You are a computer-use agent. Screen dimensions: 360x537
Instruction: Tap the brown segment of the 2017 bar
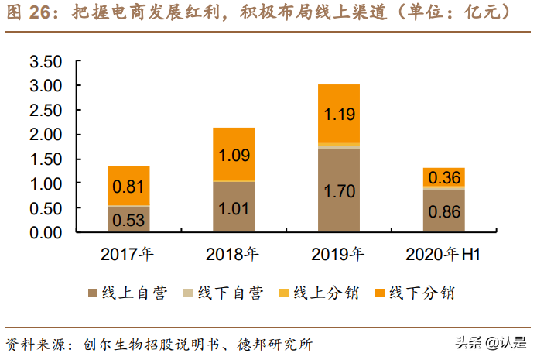click(128, 220)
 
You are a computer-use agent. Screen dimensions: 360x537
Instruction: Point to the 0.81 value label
click(128, 186)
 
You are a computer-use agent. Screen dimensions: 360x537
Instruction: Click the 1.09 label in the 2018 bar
click(234, 154)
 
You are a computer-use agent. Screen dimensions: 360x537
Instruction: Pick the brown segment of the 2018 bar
click(234, 207)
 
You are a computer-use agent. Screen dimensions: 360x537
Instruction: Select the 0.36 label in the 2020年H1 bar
click(443, 177)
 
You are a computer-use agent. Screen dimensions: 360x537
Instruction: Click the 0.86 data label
click(443, 211)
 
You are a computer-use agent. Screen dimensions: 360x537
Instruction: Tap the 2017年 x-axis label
click(128, 255)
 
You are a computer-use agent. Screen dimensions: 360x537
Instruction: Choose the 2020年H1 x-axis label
click(443, 255)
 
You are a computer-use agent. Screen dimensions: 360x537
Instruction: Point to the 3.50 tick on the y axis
click(45, 61)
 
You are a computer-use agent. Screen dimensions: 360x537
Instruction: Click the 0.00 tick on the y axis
click(45, 232)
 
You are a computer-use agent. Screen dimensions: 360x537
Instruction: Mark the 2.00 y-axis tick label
click(45, 135)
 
